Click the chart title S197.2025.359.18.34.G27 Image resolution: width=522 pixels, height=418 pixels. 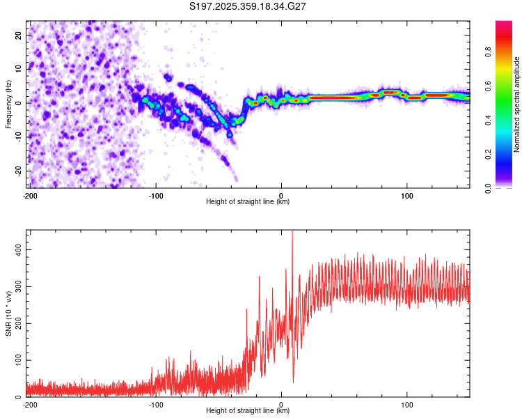coord(248,6)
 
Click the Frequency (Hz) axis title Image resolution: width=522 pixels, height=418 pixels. coord(8,104)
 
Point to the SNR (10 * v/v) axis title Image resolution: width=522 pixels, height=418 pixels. coord(8,313)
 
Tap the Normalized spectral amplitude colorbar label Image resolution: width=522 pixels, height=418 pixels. coord(517,104)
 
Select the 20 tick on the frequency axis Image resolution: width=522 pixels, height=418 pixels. coord(19,35)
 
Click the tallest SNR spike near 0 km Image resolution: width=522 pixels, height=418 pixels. coord(292,233)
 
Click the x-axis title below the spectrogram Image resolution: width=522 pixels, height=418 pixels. coord(248,202)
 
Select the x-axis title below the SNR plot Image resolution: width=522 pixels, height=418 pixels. coord(248,411)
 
